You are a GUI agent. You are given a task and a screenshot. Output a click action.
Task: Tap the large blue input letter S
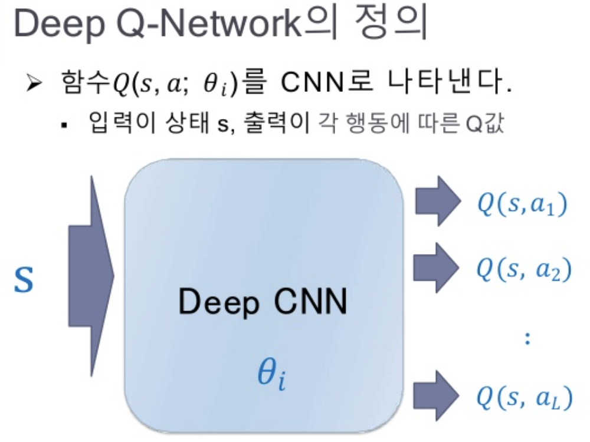tap(24, 281)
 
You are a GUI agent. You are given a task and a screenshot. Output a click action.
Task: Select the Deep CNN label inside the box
tap(263, 304)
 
